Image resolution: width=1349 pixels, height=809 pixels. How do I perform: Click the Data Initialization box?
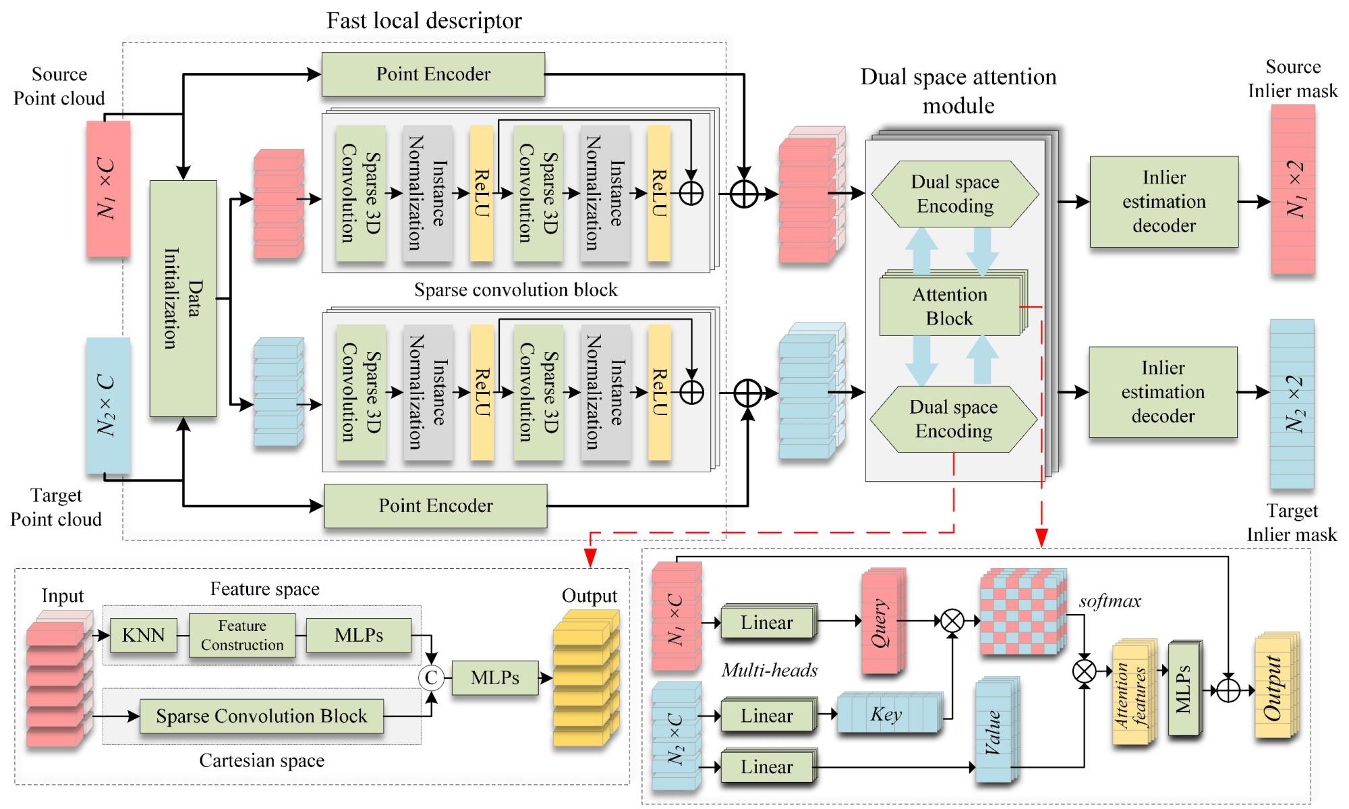tap(183, 298)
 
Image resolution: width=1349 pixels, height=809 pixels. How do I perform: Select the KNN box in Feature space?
tap(143, 635)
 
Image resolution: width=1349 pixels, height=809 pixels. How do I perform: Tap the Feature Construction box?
tap(242, 635)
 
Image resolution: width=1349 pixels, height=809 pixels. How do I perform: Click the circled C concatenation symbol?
tap(431, 677)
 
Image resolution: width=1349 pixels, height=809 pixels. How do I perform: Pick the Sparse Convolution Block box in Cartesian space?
tap(262, 716)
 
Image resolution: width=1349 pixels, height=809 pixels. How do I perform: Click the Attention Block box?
tap(950, 306)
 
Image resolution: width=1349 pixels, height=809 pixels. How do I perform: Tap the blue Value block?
tap(994, 732)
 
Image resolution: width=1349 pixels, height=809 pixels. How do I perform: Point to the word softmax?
tap(1110, 601)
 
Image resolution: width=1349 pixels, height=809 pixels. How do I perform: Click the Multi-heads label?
tap(770, 670)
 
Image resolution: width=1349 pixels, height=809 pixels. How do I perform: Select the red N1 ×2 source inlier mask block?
tap(1293, 190)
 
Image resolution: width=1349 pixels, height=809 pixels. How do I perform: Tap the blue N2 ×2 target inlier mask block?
tap(1292, 403)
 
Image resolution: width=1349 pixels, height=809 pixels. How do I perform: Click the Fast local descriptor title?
tap(424, 20)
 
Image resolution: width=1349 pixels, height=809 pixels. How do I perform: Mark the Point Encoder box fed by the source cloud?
tap(433, 74)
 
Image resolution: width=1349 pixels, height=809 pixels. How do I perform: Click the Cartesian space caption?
tap(262, 761)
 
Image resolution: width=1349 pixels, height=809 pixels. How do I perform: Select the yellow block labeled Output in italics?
tap(1274, 689)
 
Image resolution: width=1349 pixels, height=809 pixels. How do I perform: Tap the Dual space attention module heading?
tap(958, 90)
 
